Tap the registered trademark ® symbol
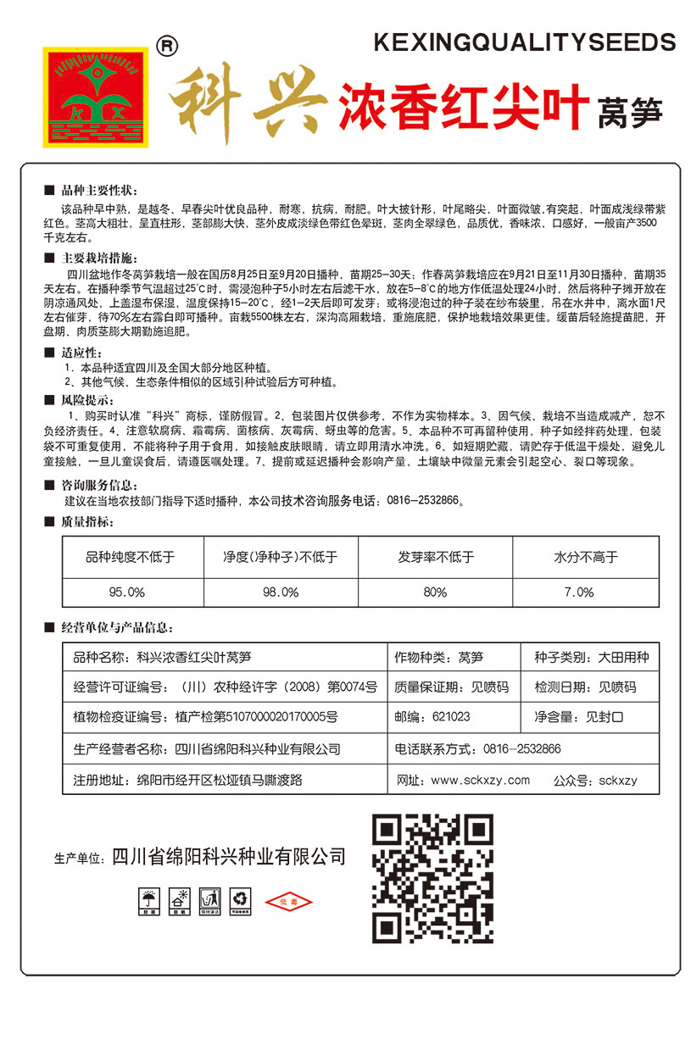tap(168, 45)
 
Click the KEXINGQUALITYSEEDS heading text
tap(525, 42)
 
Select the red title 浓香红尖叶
tap(463, 108)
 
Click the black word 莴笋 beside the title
tap(630, 114)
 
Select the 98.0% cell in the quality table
tap(280, 592)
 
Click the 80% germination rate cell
tap(435, 592)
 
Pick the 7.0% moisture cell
tap(579, 592)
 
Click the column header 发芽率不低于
tap(435, 558)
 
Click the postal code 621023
tap(451, 716)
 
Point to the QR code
tap(433, 877)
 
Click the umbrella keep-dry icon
tap(149, 900)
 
